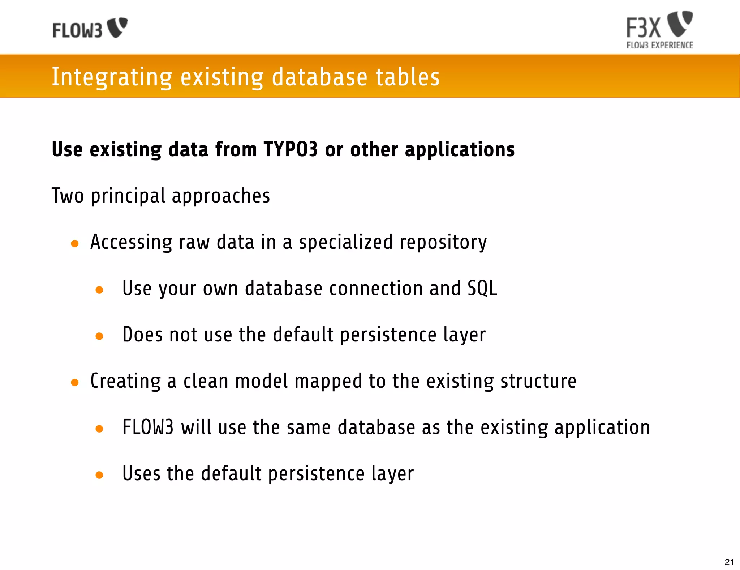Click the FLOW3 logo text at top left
pos(77,30)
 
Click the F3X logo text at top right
pos(643,28)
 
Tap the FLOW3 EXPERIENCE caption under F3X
pos(659,46)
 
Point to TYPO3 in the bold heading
pos(291,149)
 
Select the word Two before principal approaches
pos(68,196)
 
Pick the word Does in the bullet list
pos(142,335)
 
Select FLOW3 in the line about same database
pos(148,427)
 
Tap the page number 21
pos(729,562)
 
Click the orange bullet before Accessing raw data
pos(75,244)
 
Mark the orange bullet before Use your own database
pos(99,290)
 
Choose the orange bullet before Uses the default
pos(99,475)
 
